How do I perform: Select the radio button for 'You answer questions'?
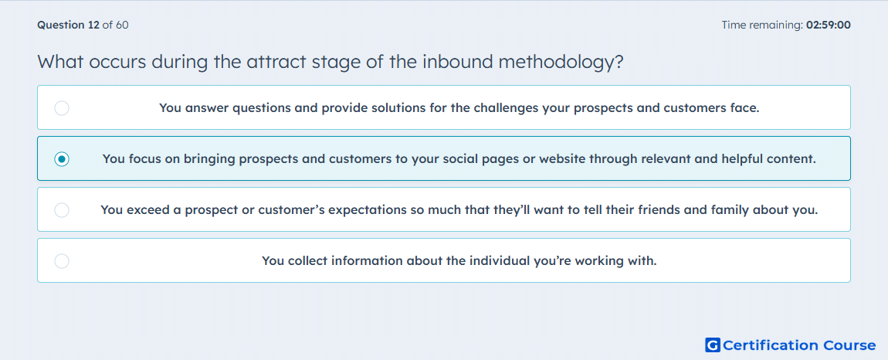pyautogui.click(x=62, y=107)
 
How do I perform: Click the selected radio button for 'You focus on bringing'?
pyautogui.click(x=62, y=159)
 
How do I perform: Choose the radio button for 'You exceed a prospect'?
pyautogui.click(x=62, y=210)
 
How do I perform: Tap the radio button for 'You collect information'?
pyautogui.click(x=62, y=261)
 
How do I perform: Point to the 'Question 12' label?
pyautogui.click(x=68, y=25)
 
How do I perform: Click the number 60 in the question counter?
pyautogui.click(x=122, y=25)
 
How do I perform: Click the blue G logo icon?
pyautogui.click(x=713, y=345)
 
